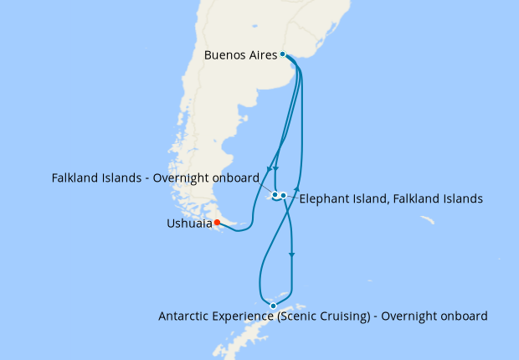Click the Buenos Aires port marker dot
[283, 54]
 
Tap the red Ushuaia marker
[217, 223]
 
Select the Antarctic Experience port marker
[273, 306]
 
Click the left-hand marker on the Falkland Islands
[275, 195]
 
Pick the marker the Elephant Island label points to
[284, 195]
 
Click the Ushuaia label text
[189, 224]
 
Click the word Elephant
[325, 199]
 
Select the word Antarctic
[185, 316]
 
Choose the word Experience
[246, 316]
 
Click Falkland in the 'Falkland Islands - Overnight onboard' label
[75, 178]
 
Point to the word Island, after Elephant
[370, 199]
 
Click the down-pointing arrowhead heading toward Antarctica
[292, 254]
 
